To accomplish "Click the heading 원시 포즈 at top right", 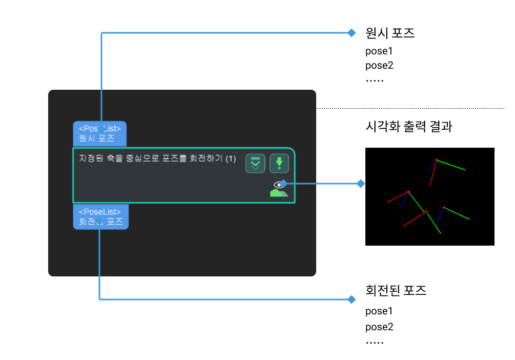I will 390,33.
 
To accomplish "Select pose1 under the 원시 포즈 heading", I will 379,51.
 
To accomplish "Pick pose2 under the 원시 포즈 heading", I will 379,66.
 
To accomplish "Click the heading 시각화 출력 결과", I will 408,127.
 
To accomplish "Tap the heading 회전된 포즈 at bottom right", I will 396,291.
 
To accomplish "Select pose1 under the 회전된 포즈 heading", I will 379,311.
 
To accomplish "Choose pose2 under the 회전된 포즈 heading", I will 379,327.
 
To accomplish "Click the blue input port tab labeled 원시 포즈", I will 100,134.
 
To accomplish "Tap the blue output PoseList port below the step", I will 100,216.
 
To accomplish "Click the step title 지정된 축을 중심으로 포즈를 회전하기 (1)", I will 157,158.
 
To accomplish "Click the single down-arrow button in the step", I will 279,163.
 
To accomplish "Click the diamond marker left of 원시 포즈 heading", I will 352,33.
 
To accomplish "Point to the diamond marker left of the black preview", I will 361,183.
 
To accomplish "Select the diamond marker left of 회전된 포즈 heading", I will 352,299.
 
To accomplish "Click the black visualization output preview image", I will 429,196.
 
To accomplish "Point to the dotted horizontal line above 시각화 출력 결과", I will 410,108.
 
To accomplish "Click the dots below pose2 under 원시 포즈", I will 375,81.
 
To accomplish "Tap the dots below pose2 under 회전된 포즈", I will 375,343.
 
